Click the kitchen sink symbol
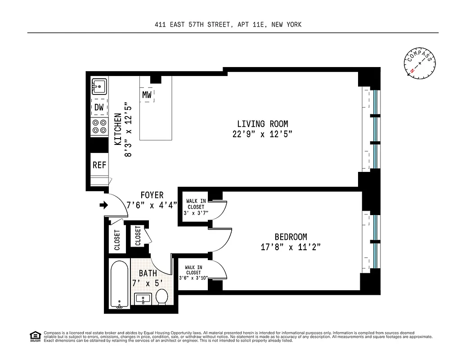click(99, 86)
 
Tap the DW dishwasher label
click(99, 107)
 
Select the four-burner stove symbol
click(99, 126)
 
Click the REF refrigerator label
click(99, 165)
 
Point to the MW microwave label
click(147, 95)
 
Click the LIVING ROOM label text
click(262, 124)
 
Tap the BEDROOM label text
click(291, 237)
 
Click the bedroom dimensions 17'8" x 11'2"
click(291, 247)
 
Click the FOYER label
click(152, 195)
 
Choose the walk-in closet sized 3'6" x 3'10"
click(193, 273)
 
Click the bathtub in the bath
click(119, 284)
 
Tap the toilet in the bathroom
click(161, 296)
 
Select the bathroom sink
click(143, 299)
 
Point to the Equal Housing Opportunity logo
click(34, 336)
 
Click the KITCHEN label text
click(118, 129)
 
